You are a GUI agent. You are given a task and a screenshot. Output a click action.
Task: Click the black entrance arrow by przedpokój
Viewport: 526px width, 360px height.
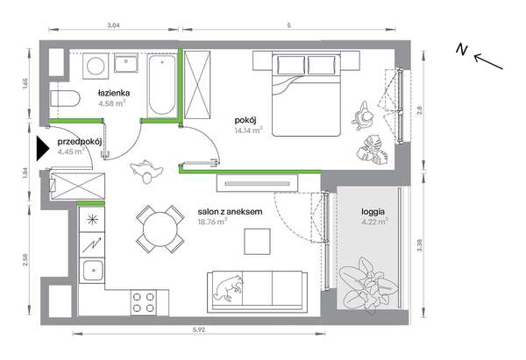click(x=43, y=148)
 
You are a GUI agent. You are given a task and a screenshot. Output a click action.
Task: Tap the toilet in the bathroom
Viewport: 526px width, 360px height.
click(x=65, y=99)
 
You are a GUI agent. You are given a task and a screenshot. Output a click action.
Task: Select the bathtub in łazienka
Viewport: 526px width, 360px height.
click(x=162, y=86)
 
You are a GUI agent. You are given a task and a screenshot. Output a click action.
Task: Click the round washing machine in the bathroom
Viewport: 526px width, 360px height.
click(x=96, y=66)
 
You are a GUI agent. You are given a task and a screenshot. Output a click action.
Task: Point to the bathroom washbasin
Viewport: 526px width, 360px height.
click(x=125, y=64)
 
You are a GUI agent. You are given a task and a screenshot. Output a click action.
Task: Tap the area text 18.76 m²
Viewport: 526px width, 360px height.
click(x=212, y=222)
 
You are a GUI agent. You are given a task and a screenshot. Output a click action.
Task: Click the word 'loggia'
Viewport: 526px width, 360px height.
click(x=373, y=212)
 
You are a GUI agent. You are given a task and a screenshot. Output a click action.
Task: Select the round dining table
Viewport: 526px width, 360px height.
click(x=160, y=229)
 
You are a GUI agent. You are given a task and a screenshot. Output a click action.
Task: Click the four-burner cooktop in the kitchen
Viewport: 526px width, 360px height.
click(x=144, y=303)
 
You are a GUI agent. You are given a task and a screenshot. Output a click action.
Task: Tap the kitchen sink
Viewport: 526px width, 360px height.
click(x=93, y=271)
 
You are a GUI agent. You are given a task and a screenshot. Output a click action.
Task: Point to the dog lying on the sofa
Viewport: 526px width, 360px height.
click(x=228, y=288)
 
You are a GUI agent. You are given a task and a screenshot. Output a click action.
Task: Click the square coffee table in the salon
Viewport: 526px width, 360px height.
click(x=257, y=242)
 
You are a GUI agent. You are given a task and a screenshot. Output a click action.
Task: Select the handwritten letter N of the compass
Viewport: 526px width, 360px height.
click(x=462, y=49)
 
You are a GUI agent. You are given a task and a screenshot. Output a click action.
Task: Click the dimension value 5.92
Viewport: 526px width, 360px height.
click(x=199, y=329)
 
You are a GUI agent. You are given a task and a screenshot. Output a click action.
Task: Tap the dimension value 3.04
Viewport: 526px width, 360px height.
click(x=113, y=25)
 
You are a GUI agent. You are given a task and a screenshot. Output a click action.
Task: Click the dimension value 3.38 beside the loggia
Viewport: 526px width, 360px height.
click(x=419, y=245)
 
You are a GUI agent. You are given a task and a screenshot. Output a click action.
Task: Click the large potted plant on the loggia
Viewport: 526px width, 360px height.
click(x=367, y=286)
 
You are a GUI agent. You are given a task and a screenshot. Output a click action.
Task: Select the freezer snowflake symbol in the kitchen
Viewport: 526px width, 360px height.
click(x=91, y=219)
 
